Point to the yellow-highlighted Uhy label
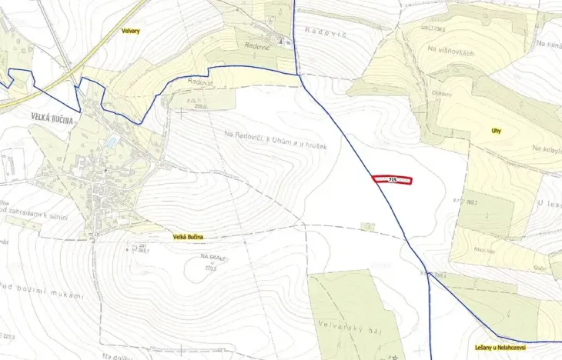(497, 131)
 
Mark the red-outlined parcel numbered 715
(393, 180)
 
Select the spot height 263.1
(142, 251)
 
